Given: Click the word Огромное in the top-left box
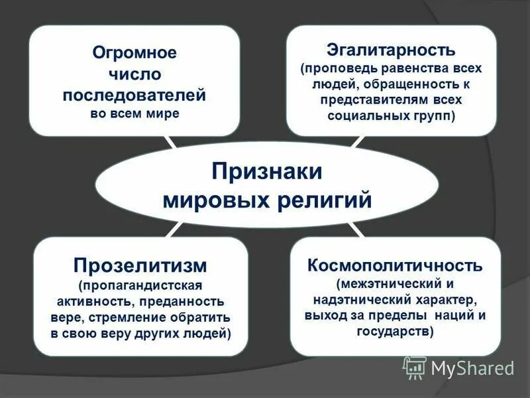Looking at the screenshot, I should pos(134,52).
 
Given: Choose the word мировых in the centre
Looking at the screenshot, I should pos(211,199).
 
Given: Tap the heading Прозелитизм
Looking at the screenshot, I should pos(140,266).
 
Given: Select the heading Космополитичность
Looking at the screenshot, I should pos(394,266).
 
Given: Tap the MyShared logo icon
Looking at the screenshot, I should pos(415,366).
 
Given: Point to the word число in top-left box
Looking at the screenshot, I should pos(134,73).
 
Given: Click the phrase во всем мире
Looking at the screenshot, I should pos(134,113).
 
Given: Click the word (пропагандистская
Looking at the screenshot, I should pos(140,287).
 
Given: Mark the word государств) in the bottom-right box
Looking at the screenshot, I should pos(394,332).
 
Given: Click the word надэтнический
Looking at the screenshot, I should pos(350,300).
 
